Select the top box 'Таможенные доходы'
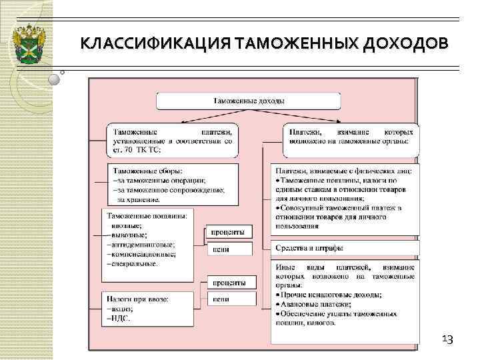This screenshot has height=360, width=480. pos(248,101)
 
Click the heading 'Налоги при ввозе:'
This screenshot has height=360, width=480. pos(142,299)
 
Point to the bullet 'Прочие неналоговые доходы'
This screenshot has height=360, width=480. pos(331,295)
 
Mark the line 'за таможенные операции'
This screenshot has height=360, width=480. pos(160,181)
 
